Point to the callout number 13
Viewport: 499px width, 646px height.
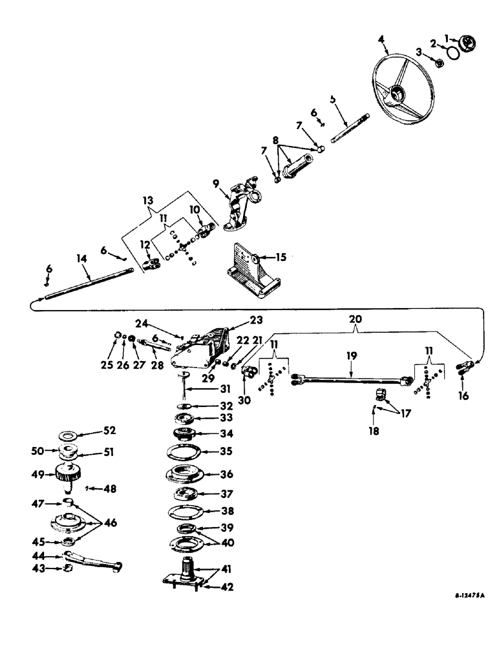(x=147, y=202)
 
